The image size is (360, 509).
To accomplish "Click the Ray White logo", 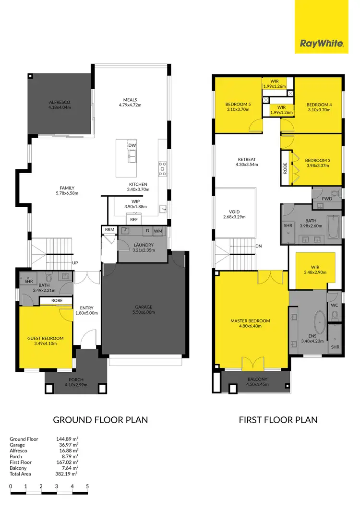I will point(321,44).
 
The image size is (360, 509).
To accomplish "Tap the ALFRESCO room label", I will point(59,102).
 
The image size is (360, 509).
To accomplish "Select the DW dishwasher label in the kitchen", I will point(132,145).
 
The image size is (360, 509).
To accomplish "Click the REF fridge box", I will point(134,219).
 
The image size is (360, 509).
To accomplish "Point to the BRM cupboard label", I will point(109,230).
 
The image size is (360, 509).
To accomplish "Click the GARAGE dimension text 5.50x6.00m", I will point(135,312).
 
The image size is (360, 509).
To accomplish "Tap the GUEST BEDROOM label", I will point(45,338).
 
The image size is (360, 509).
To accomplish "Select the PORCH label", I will point(76,379).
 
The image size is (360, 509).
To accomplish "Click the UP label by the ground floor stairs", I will point(75,263).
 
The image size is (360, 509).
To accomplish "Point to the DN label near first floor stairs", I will point(259,246).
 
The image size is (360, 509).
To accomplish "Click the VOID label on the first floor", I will point(234,212).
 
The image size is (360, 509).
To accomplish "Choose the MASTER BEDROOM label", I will point(250,321).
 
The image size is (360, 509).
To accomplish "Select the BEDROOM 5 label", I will point(238,105).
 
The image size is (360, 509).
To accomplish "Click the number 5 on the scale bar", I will point(87,486).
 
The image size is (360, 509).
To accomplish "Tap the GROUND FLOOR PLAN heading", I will point(100,420).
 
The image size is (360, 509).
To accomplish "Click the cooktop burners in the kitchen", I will point(162,167).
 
